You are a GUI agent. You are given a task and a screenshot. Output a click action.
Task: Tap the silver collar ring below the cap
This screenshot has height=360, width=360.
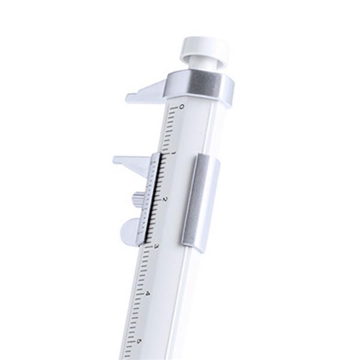[200, 86]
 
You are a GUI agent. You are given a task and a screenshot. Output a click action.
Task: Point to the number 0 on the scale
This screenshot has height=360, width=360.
[182, 107]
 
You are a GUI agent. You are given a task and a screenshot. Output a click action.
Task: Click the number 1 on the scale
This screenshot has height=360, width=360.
[173, 153]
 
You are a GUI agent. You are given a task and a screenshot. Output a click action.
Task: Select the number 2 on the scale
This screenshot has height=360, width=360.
[164, 200]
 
